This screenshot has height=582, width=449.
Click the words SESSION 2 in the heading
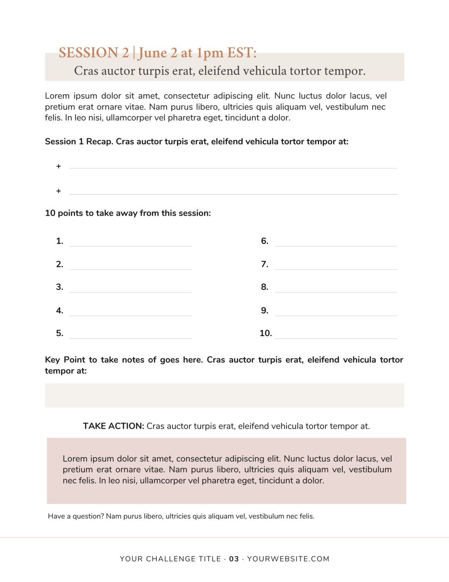pos(94,53)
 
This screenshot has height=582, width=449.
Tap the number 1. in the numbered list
pos(60,241)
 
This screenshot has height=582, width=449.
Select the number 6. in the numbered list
pos(264,241)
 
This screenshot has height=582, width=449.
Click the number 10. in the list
pos(266,333)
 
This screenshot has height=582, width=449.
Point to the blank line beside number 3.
pos(130,291)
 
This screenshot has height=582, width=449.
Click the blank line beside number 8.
pos(336,291)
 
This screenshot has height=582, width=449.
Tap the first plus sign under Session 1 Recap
pos(59,167)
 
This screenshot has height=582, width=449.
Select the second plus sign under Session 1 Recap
pos(59,191)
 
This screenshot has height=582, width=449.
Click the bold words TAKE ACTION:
pos(113,426)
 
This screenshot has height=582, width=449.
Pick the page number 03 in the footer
pos(234,559)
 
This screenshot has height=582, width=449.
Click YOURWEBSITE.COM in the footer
pos(288,559)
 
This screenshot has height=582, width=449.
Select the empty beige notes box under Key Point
pos(224,395)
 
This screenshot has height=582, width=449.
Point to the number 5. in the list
pos(60,333)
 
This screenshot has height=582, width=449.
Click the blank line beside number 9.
pos(336,314)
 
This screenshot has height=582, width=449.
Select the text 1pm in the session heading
pos(210,53)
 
